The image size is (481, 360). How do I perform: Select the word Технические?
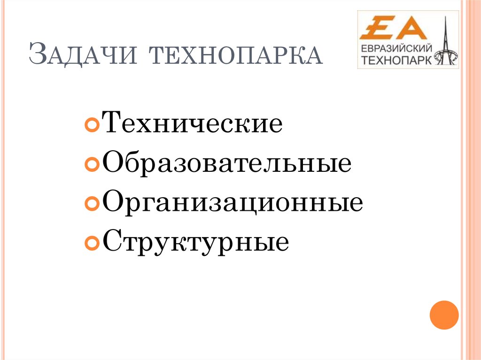tap(192, 124)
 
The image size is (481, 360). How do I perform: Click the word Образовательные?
tap(226, 164)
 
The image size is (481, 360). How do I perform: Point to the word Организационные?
tap(232, 203)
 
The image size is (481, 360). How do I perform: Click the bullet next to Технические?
tap(92, 126)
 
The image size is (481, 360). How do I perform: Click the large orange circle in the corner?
tap(444, 314)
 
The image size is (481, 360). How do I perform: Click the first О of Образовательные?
tap(112, 164)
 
